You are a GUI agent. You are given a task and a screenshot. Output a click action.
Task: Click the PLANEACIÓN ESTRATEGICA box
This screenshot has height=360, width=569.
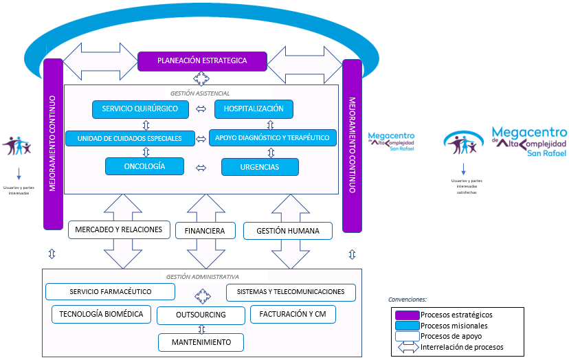point(201,61)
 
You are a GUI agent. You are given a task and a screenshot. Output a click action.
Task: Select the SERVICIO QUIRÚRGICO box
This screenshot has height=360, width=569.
point(140,109)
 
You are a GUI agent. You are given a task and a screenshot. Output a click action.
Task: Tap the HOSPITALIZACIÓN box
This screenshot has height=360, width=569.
point(254,109)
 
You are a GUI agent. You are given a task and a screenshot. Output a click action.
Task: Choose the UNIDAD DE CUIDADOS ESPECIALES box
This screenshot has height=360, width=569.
point(129,138)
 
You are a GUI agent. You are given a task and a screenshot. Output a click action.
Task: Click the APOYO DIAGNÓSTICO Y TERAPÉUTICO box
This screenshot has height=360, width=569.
point(273,137)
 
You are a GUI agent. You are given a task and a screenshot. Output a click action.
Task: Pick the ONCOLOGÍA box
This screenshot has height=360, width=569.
point(144,166)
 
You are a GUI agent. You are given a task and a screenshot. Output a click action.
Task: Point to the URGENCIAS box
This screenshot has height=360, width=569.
point(260,167)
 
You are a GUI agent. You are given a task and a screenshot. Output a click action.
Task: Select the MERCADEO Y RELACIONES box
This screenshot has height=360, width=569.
point(118,229)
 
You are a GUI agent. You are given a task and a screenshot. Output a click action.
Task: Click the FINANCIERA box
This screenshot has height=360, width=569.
point(205,231)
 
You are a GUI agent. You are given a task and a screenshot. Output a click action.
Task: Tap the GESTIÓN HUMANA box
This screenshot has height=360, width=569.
point(287,231)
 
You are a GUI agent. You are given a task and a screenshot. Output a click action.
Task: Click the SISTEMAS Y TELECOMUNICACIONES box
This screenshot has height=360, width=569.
point(291,292)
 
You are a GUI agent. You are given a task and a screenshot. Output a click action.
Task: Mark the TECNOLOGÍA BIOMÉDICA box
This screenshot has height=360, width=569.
point(101,314)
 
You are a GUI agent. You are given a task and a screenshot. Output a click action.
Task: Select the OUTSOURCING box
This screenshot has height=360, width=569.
point(201,315)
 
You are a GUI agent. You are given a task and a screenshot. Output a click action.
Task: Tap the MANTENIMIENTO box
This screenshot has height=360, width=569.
point(201,341)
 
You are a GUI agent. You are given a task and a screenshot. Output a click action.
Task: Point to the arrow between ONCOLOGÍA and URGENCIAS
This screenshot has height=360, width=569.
point(201,167)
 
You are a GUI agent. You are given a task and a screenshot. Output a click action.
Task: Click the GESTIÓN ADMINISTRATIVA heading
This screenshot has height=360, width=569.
point(202,277)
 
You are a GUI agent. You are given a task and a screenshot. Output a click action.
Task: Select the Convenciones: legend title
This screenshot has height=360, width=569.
point(408,300)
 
